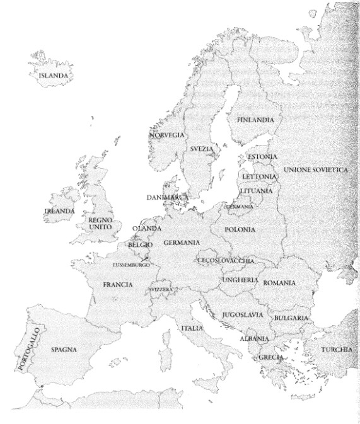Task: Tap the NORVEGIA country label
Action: pos(167,135)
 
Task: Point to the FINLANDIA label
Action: pos(255,119)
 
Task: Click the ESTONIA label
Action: pos(262,156)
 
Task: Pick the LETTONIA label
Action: pos(258,176)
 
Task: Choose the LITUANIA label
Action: pos(256,190)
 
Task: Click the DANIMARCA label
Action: pos(168,197)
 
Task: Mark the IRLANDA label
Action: pos(59,211)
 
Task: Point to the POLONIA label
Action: pos(240,230)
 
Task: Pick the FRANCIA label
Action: pos(118,285)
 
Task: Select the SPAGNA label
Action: pos(64,349)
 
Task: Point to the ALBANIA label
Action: pos(255,338)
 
